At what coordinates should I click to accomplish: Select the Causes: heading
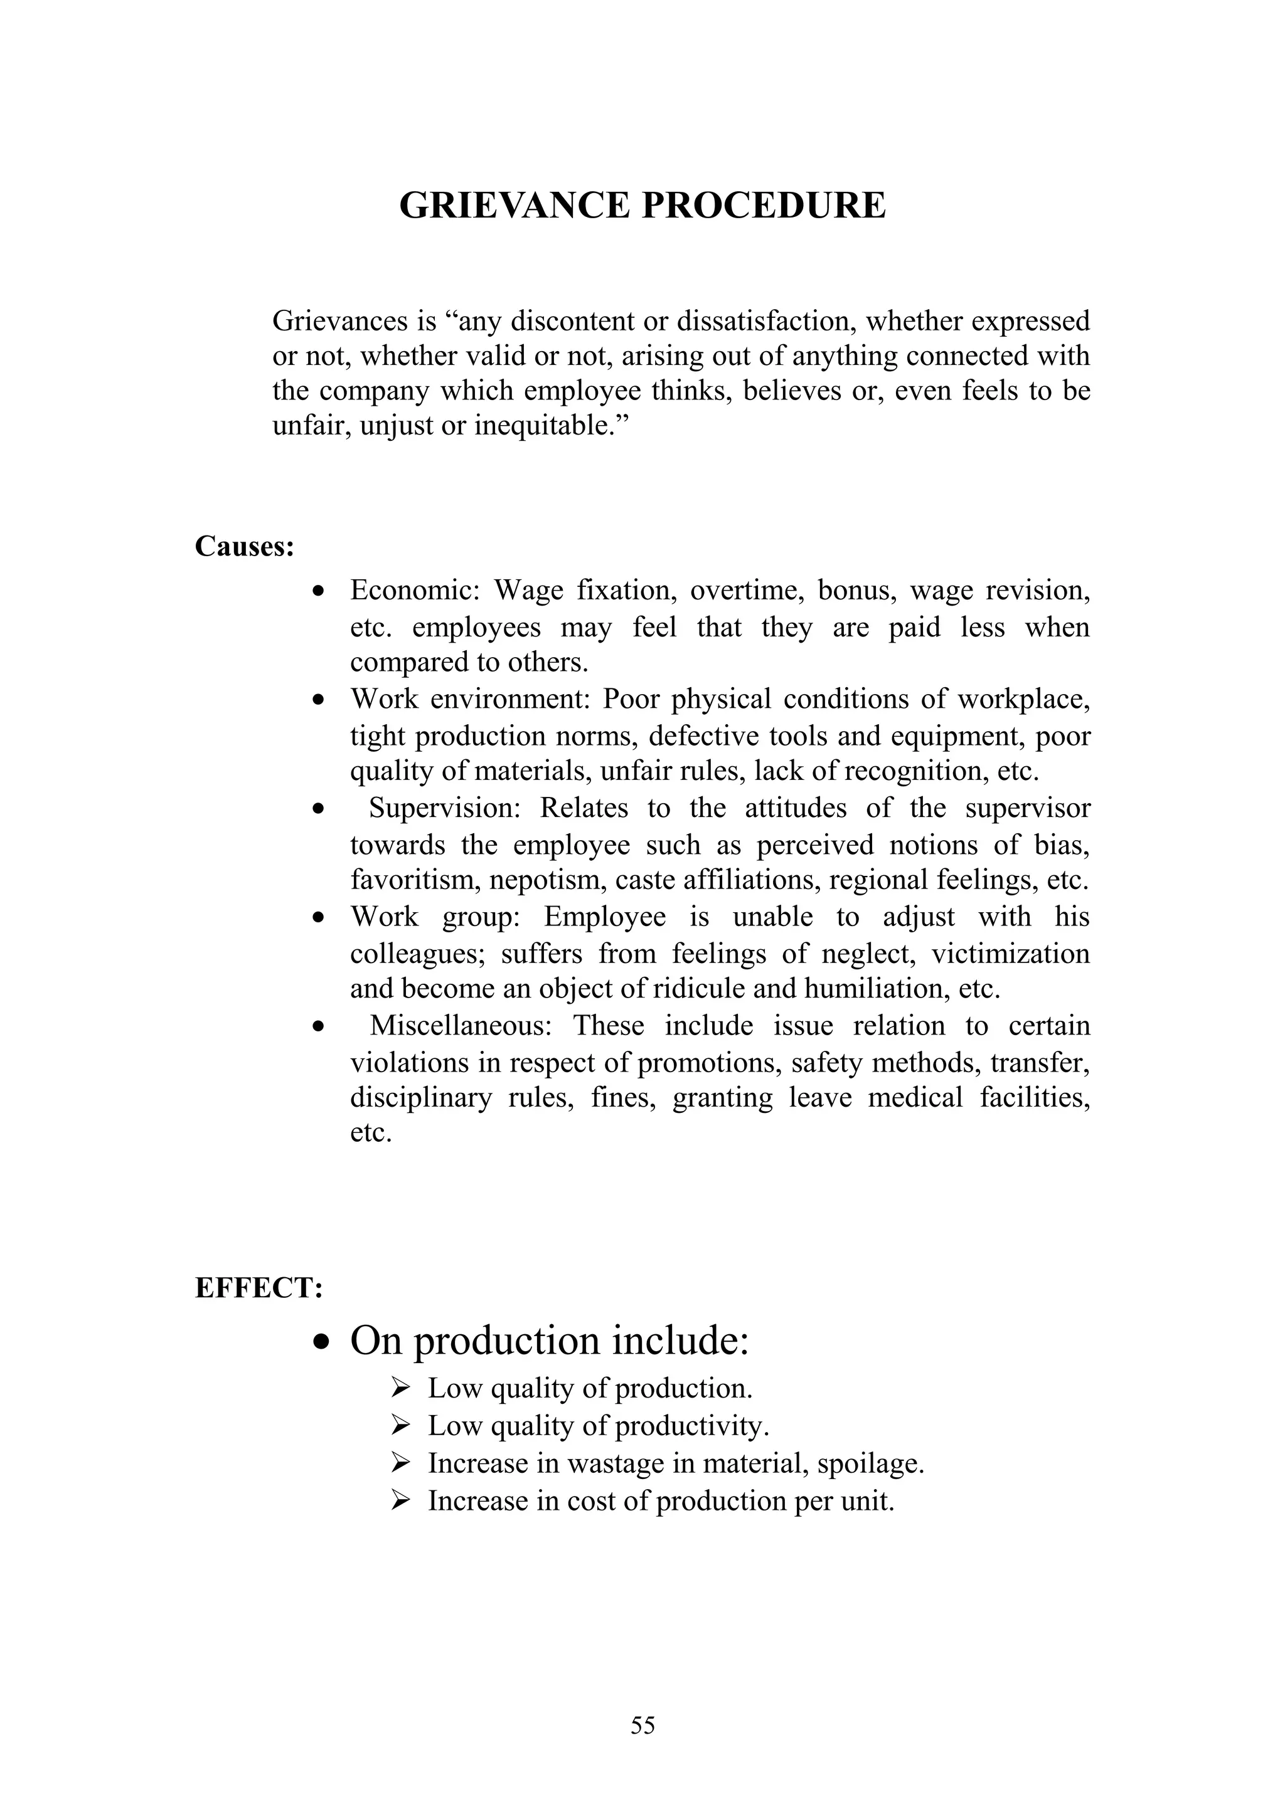click(x=245, y=546)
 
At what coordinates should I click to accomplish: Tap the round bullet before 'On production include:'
click(x=321, y=1343)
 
